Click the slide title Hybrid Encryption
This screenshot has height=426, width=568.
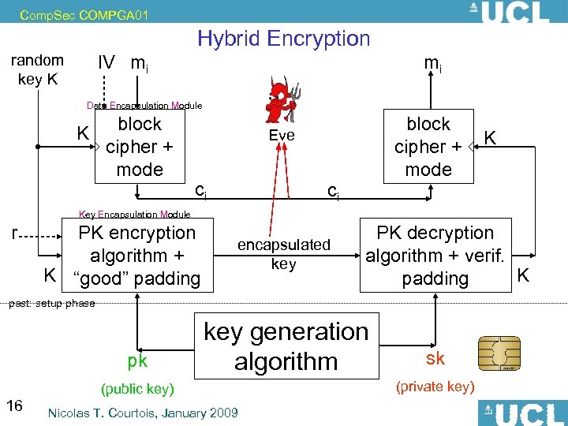(283, 38)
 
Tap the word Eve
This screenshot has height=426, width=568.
(282, 135)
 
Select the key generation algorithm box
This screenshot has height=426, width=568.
(286, 346)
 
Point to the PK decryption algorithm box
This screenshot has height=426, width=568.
(435, 255)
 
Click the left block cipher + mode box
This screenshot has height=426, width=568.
(140, 147)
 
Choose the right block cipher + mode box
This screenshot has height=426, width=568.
(428, 147)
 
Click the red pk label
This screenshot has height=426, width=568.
(137, 361)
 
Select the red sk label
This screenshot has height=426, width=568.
(435, 359)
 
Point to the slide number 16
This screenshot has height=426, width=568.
(14, 405)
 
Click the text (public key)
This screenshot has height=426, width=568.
(137, 389)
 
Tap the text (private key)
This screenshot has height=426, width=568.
(435, 386)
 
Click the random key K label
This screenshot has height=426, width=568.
(37, 69)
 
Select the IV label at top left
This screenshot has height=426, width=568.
(105, 62)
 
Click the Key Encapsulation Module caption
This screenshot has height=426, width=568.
(135, 214)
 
